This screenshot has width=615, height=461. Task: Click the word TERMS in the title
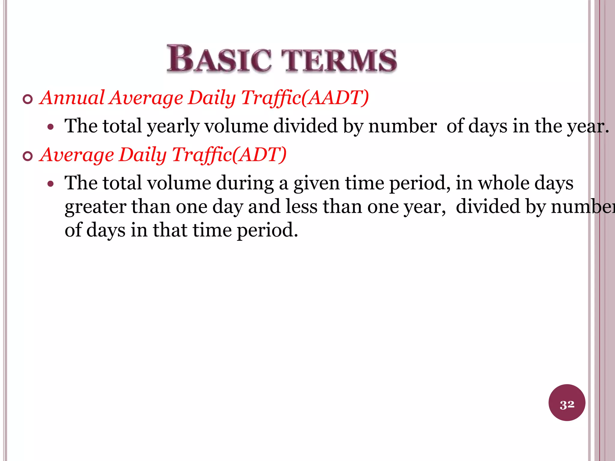341,60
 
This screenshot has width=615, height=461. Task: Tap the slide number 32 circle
567,402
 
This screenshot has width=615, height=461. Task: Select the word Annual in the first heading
72,98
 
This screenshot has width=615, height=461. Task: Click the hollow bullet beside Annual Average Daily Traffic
28,99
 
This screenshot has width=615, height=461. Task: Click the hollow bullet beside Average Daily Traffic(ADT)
28,156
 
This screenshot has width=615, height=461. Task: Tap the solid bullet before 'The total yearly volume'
51,127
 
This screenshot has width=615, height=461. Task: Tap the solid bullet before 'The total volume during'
51,184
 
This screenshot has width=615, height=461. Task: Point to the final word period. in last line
267,231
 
